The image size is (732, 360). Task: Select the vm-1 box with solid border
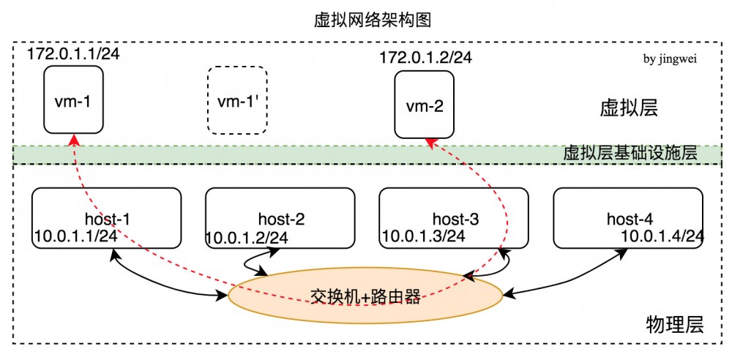(x=73, y=100)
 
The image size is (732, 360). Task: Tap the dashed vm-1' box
(x=237, y=100)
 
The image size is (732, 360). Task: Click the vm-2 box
(x=424, y=105)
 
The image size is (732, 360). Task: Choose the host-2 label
(x=281, y=218)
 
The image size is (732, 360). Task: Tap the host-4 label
(x=629, y=218)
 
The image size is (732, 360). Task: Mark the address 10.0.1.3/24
(x=422, y=236)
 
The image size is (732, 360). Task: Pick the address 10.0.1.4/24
(x=662, y=236)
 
